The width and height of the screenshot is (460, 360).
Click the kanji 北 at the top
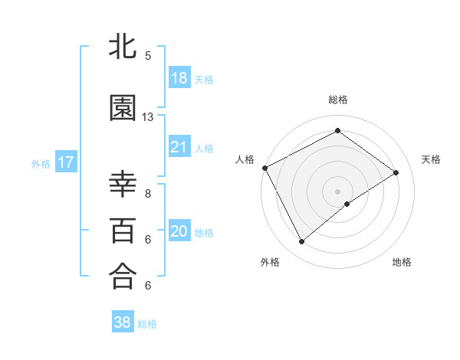pyautogui.click(x=123, y=47)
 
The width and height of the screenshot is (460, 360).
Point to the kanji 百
pyautogui.click(x=123, y=230)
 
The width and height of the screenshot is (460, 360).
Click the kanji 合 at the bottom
pyautogui.click(x=123, y=275)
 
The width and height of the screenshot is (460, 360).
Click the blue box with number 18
pyautogui.click(x=179, y=78)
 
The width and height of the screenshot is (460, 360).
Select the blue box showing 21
pyautogui.click(x=179, y=147)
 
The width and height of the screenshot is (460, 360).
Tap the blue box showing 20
pyautogui.click(x=179, y=232)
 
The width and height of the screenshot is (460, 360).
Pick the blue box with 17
pyautogui.click(x=65, y=162)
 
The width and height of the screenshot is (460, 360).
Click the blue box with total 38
pyautogui.click(x=123, y=322)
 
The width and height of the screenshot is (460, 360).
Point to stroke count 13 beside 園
pyautogui.click(x=148, y=117)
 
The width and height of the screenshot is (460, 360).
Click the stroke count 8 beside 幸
pyautogui.click(x=148, y=194)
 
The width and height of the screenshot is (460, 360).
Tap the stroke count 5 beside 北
pyautogui.click(x=148, y=56)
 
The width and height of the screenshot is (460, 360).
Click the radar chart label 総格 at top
pyautogui.click(x=338, y=100)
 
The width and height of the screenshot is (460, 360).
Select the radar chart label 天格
pyautogui.click(x=432, y=159)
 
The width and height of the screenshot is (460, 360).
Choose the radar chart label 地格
pyautogui.click(x=402, y=262)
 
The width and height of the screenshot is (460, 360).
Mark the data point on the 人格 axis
pyautogui.click(x=264, y=168)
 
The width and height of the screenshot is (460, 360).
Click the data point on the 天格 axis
pyautogui.click(x=396, y=172)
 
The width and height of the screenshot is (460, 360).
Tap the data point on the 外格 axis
pyautogui.click(x=301, y=242)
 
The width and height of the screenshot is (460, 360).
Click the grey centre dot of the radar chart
pyautogui.click(x=338, y=191)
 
